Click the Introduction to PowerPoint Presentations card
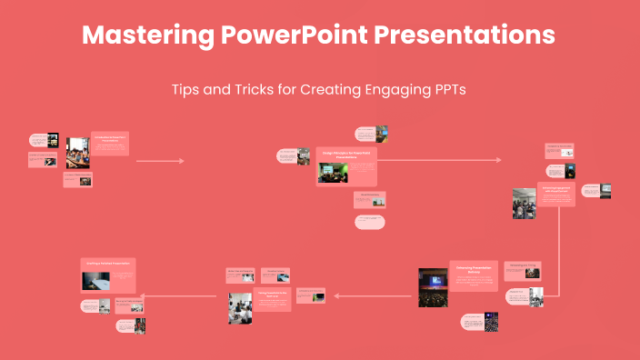[109, 141]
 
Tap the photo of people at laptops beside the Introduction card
[77, 153]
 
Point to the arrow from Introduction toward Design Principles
[159, 161]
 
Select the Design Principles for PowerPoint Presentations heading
[345, 155]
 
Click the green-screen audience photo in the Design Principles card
[333, 174]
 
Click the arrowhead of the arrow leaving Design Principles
[498, 160]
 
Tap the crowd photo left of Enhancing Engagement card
[524, 204]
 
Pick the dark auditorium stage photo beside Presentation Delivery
[433, 287]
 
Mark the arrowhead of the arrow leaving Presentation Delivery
[337, 295]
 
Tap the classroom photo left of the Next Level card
[240, 308]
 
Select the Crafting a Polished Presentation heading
[109, 264]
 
